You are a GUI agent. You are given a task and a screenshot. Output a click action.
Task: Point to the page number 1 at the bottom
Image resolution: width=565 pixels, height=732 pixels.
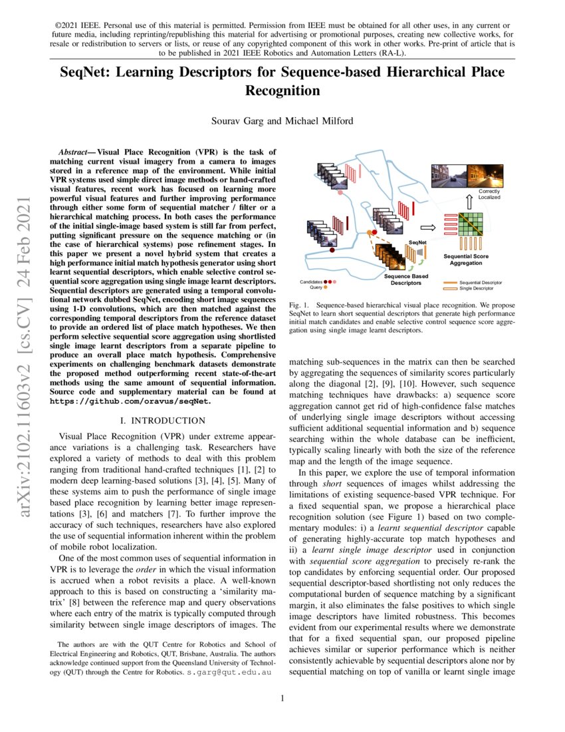[283, 698]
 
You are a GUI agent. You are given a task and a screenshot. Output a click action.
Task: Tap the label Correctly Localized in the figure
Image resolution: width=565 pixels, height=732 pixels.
[489, 194]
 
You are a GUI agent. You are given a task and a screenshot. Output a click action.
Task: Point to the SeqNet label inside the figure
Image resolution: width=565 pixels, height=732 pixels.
[417, 242]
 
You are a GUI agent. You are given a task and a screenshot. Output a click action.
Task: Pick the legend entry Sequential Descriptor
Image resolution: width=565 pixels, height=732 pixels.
[480, 282]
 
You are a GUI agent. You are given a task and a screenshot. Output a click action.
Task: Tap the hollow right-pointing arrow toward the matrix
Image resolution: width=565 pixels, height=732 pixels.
[429, 227]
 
